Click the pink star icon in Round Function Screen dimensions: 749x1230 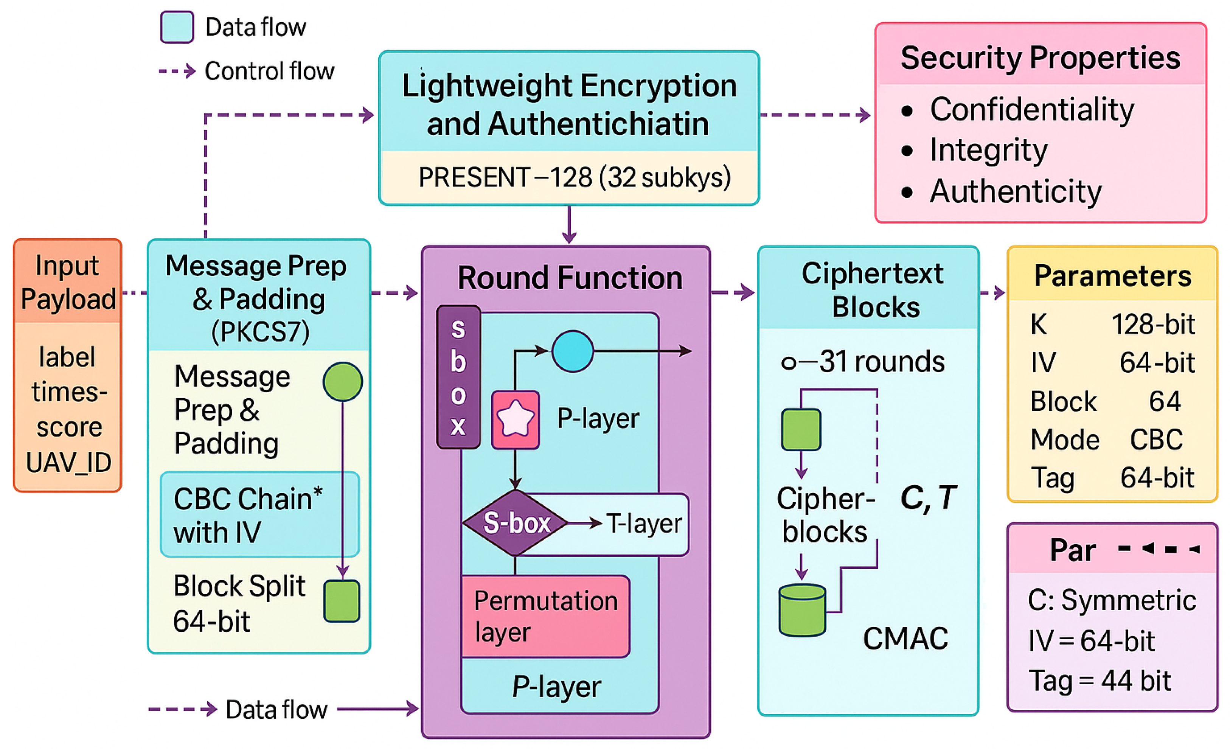coord(515,420)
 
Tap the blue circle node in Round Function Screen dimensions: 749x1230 coord(573,351)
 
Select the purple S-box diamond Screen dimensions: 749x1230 coord(515,523)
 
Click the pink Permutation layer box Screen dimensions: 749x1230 coord(545,616)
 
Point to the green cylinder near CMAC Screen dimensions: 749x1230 coord(802,610)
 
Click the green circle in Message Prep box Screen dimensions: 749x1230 coord(342,381)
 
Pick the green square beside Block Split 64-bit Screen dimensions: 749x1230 coord(342,601)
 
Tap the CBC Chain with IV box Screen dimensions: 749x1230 coord(259,514)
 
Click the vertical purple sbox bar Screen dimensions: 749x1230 coord(458,377)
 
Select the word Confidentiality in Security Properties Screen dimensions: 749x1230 coord(1031,109)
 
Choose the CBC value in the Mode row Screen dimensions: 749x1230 coord(1156,440)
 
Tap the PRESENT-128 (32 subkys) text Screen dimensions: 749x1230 coord(574,177)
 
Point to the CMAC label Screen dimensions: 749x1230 coord(905,638)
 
